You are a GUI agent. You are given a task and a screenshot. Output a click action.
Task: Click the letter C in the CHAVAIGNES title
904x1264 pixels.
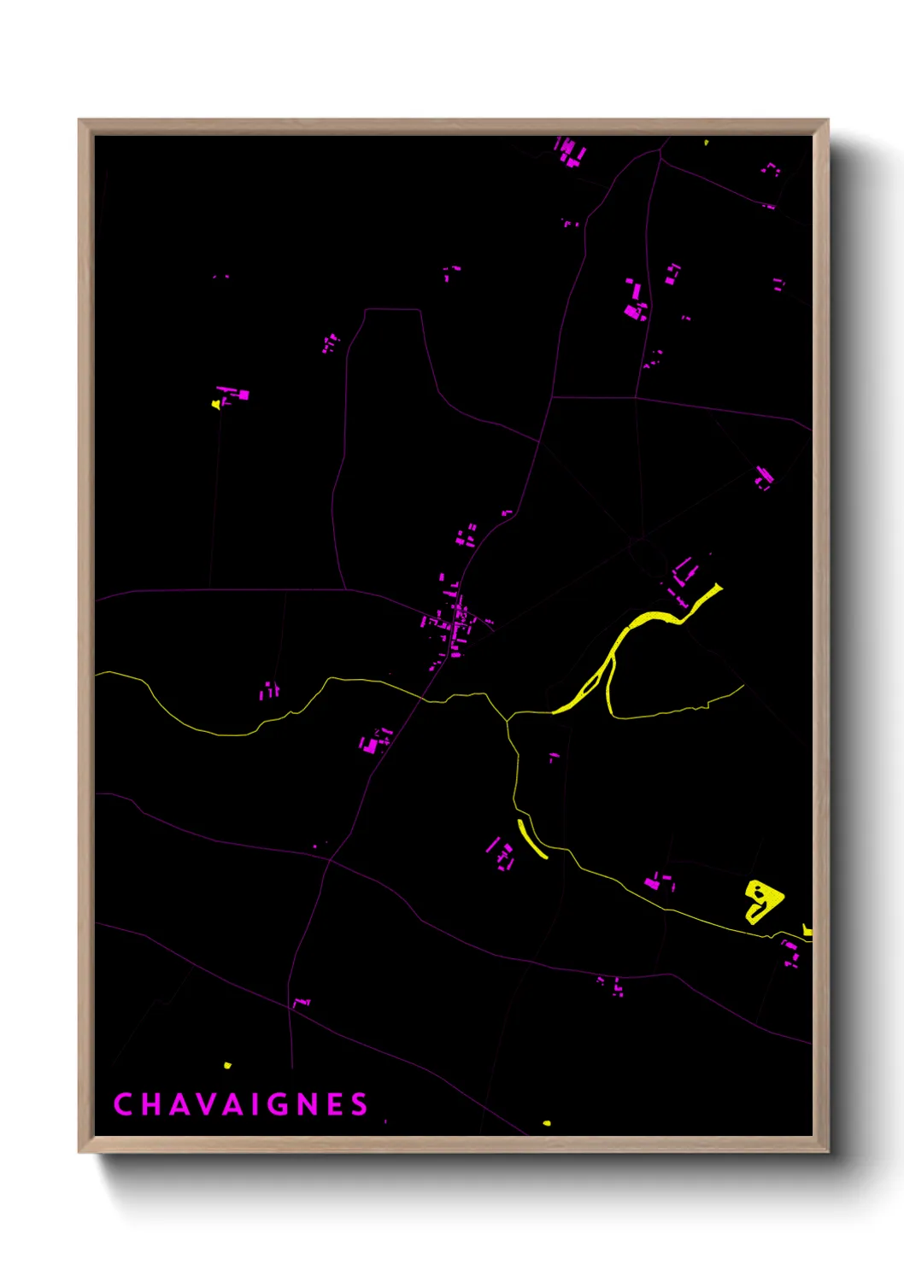tap(123, 1104)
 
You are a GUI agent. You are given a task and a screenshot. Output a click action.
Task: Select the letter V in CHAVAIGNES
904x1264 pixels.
tap(209, 1104)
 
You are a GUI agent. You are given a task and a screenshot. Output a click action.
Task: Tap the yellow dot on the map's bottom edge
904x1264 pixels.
tap(547, 1123)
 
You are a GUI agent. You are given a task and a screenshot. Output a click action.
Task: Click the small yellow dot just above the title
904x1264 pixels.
tap(227, 1065)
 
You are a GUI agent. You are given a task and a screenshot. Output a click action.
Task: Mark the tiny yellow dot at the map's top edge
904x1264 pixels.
tap(706, 142)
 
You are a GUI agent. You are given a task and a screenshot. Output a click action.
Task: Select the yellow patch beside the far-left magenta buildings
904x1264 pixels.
tap(216, 404)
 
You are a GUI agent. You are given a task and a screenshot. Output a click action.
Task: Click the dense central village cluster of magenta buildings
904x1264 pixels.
tap(450, 623)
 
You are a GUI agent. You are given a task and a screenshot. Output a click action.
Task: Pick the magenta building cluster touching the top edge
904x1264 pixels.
tap(570, 151)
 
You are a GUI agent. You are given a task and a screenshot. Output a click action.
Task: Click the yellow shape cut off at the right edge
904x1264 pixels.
tap(807, 930)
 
